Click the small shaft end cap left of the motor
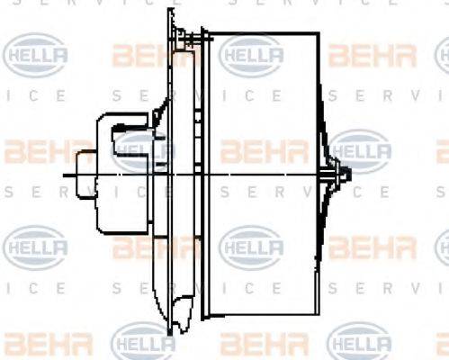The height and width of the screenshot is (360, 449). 87,174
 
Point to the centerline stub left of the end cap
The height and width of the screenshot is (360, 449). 70,174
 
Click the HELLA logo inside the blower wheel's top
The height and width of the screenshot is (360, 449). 251,56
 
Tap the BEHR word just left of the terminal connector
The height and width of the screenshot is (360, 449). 144,56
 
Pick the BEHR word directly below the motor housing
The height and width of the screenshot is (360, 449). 144,247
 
